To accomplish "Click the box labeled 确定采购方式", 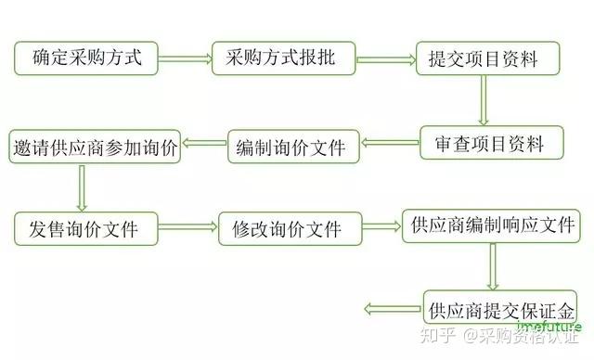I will [86, 58].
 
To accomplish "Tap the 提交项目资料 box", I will [489, 59].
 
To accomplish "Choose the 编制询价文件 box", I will [291, 146].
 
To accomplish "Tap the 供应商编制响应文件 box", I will [491, 225].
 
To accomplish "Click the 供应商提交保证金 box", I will [501, 306].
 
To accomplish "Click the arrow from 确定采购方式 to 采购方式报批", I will [186, 59].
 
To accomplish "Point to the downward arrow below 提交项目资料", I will [483, 101].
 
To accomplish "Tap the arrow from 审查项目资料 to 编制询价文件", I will [387, 143].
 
